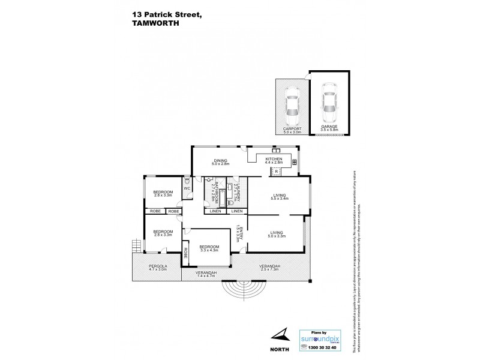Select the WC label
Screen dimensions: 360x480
click(x=187, y=188)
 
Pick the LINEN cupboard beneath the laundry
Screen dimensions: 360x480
click(x=236, y=211)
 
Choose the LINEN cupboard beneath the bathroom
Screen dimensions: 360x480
click(x=214, y=211)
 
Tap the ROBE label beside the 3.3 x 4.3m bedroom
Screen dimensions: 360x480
click(x=186, y=253)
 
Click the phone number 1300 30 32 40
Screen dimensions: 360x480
click(x=322, y=347)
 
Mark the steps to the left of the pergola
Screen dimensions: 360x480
click(x=136, y=246)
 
